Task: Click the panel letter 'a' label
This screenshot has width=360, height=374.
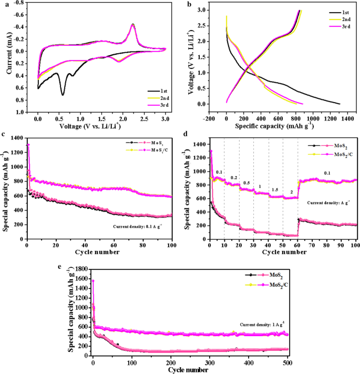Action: (5, 5)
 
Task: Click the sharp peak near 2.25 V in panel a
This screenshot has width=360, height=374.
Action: (133, 24)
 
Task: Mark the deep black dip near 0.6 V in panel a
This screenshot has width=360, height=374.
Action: (63, 95)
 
